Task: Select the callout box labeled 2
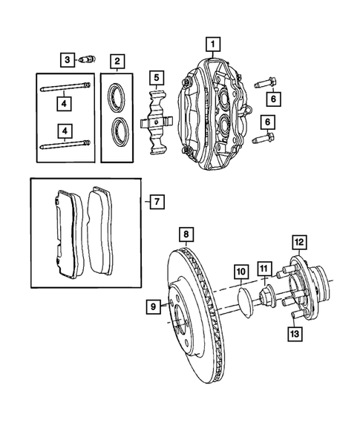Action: pyautogui.click(x=117, y=60)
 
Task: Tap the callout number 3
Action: pyautogui.click(x=67, y=59)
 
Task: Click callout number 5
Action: pyautogui.click(x=156, y=76)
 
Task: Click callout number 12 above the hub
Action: pyautogui.click(x=298, y=242)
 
